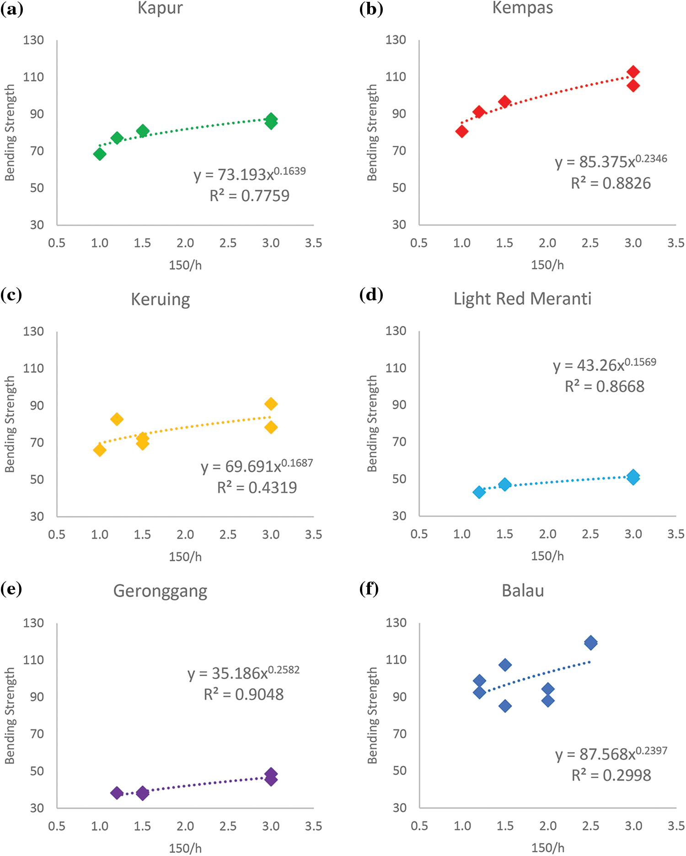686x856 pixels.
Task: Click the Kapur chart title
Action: point(160,8)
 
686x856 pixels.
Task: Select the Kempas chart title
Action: point(522,8)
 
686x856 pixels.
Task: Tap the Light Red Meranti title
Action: point(522,299)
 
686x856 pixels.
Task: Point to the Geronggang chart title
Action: point(160,591)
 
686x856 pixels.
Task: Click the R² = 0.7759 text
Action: point(249,196)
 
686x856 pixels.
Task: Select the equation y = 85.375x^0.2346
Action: point(611,161)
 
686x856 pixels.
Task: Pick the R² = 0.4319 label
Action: point(257,487)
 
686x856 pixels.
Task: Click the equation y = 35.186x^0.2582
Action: point(243,673)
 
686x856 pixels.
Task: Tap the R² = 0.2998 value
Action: point(611,775)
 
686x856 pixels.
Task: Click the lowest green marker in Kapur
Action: point(100,154)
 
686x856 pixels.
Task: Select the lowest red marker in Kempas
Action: point(462,132)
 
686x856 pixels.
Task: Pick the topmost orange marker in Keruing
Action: point(271,404)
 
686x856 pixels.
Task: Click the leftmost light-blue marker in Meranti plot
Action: point(479,492)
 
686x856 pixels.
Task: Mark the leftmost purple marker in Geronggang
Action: point(117,793)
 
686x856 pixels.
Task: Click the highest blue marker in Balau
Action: point(590,642)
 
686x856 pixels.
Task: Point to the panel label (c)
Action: point(11,295)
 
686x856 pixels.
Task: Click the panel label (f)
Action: point(370,589)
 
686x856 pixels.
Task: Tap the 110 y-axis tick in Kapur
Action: point(33,77)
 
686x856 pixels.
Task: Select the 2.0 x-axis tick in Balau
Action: point(548,826)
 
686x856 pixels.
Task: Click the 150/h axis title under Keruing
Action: point(185,556)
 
